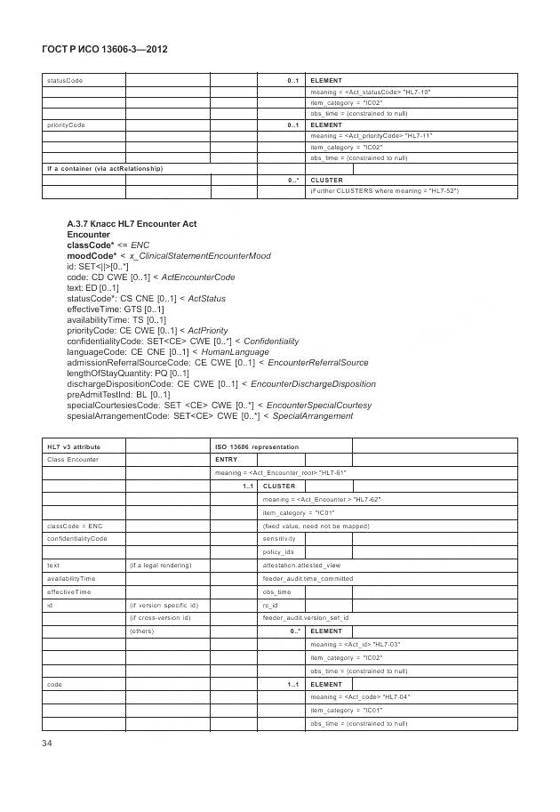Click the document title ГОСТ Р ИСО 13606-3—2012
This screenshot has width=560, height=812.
pos(105,50)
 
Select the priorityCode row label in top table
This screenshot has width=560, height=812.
pos(66,125)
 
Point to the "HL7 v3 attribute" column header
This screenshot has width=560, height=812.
pos(73,446)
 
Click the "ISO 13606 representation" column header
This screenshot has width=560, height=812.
pos(257,446)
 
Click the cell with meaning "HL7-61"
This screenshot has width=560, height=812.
pos(280,473)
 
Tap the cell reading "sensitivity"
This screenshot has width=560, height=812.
pos(279,539)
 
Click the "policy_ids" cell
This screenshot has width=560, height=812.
pos(278,552)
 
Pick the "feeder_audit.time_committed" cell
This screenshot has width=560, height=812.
pos(308,578)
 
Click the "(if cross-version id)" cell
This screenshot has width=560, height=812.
pos(161,617)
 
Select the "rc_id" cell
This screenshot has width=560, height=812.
pos(271,604)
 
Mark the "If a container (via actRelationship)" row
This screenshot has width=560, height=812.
pos(105,168)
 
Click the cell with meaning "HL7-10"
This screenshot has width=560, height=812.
pos(371,92)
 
